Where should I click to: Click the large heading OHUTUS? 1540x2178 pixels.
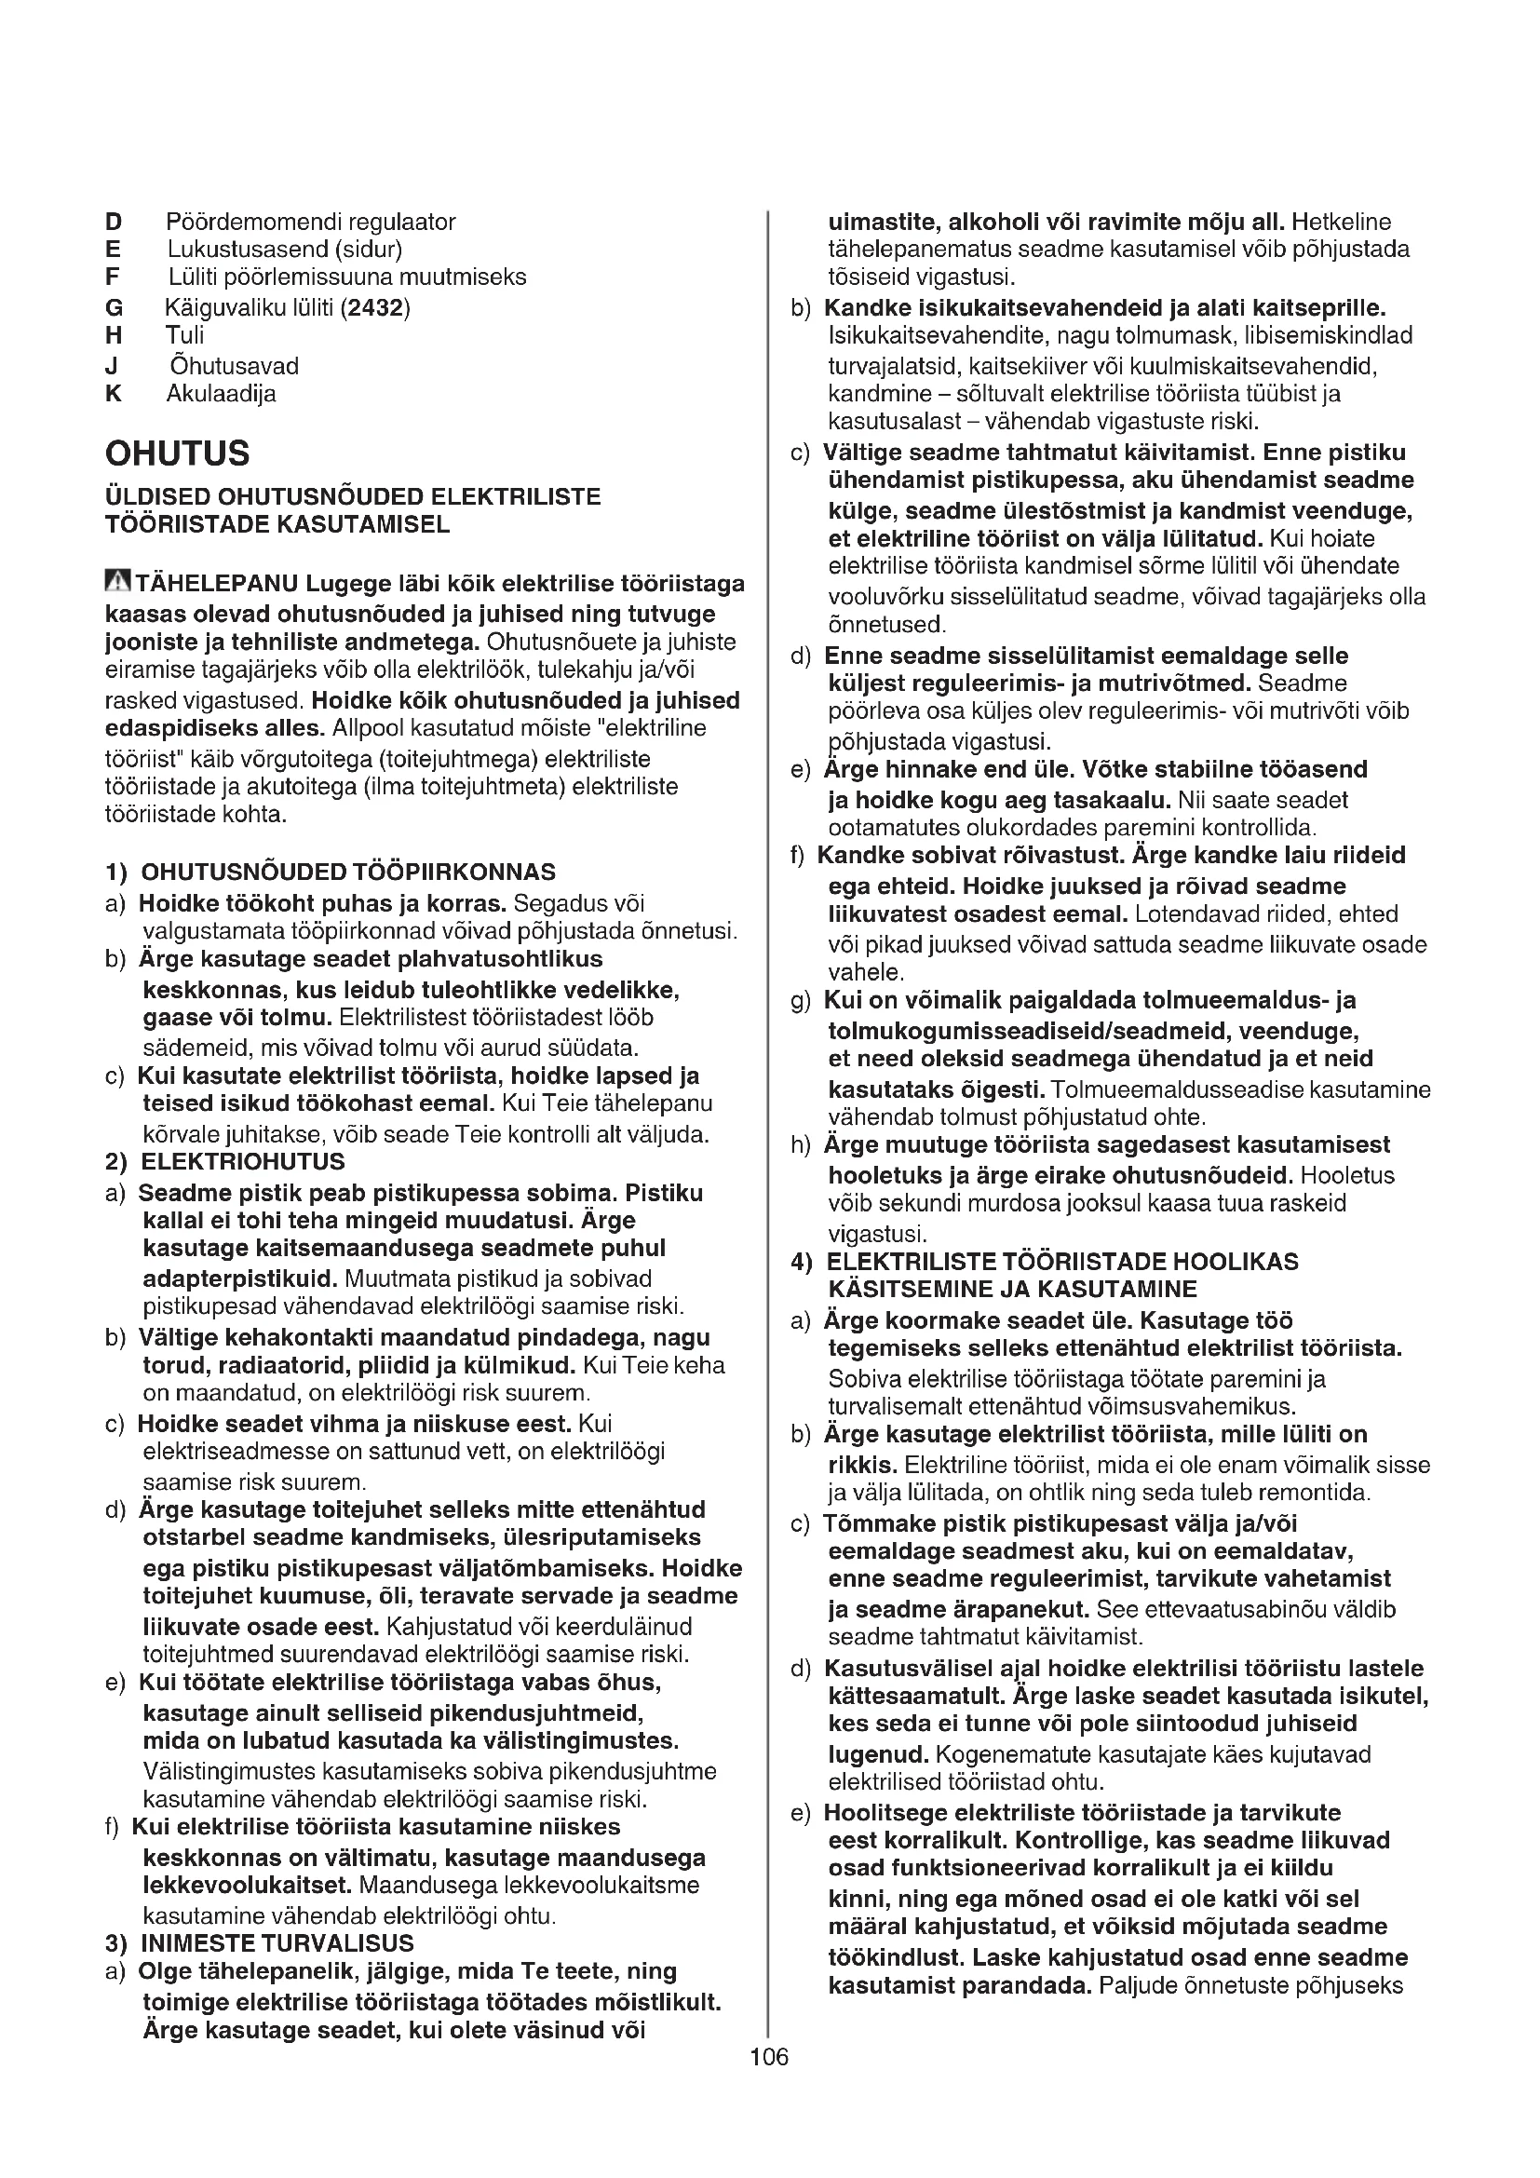177,453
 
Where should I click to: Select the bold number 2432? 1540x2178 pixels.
375,307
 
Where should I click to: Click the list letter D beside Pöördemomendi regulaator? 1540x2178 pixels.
114,222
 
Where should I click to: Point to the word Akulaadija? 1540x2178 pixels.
221,394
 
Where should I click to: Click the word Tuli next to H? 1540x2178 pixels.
184,335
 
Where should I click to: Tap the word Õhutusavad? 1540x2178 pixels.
234,366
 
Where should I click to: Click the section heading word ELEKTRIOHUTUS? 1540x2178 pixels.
243,1162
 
